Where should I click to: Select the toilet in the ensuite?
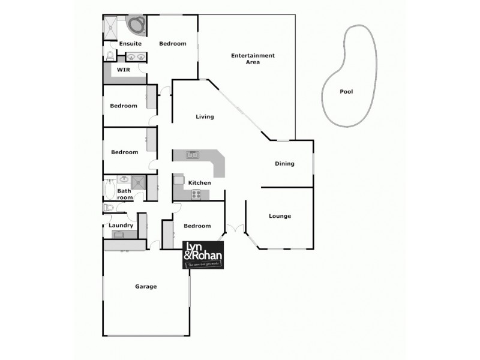pyautogui.click(x=110, y=56)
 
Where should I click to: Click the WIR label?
pyautogui.click(x=123, y=70)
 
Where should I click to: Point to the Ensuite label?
pyautogui.click(x=130, y=44)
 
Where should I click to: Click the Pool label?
pyautogui.click(x=346, y=92)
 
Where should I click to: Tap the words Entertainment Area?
pyautogui.click(x=253, y=59)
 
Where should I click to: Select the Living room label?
pyautogui.click(x=205, y=117)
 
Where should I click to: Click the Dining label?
pyautogui.click(x=284, y=164)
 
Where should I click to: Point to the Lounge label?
pyautogui.click(x=280, y=216)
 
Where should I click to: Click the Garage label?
pyautogui.click(x=146, y=287)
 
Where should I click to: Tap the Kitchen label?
pyautogui.click(x=199, y=182)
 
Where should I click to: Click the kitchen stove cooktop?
pyautogui.click(x=196, y=194)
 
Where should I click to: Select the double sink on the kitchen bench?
pyautogui.click(x=193, y=155)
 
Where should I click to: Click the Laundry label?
pyautogui.click(x=121, y=226)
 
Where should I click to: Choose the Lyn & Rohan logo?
pyautogui.click(x=203, y=256)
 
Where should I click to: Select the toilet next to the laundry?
pyautogui.click(x=108, y=207)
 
